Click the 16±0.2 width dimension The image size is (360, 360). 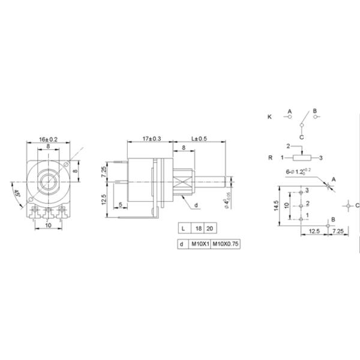tap(48, 139)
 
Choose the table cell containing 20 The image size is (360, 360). tap(209, 229)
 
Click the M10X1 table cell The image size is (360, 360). tap(199, 245)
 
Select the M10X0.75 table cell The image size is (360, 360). tap(225, 245)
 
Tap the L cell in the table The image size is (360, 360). tap(182, 229)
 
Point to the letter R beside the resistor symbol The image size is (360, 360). tap(271, 158)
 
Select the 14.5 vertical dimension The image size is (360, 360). tap(275, 206)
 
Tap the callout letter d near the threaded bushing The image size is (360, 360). tap(196, 206)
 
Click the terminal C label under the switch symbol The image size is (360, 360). tap(302, 137)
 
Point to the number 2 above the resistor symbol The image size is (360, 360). tap(288, 146)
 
